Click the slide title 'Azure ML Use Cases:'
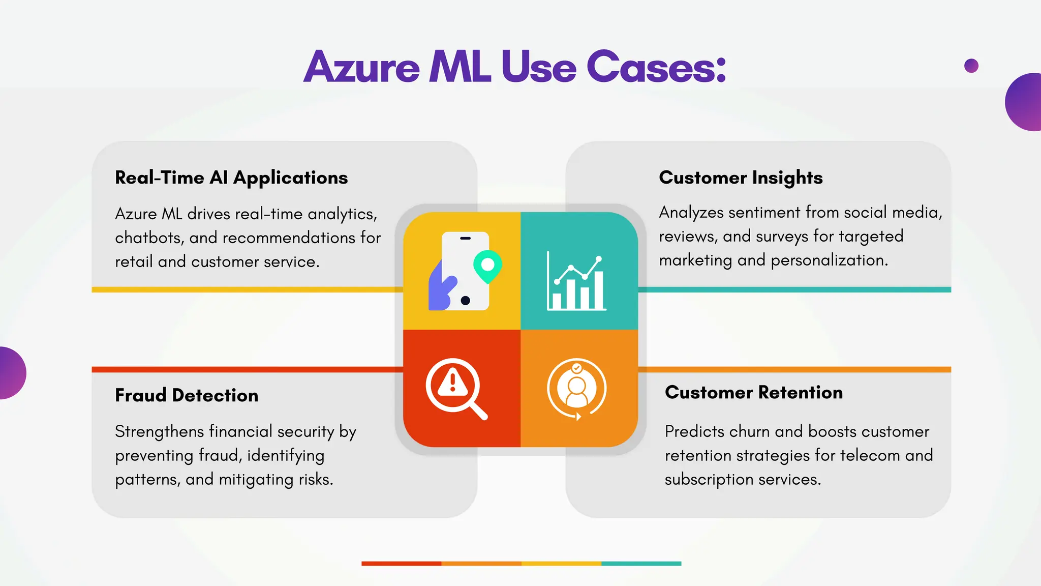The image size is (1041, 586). tap(514, 67)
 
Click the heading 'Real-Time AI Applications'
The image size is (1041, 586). tap(231, 178)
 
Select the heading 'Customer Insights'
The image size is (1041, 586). tap(741, 178)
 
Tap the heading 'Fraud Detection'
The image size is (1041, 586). tap(187, 395)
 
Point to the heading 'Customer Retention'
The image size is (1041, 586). tap(754, 392)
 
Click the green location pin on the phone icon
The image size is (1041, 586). tap(487, 266)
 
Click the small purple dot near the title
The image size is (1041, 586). tap(971, 66)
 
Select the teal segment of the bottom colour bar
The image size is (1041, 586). tap(641, 564)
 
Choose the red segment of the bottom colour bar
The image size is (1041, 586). tap(401, 564)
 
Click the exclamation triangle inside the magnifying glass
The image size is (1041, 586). tap(452, 383)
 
